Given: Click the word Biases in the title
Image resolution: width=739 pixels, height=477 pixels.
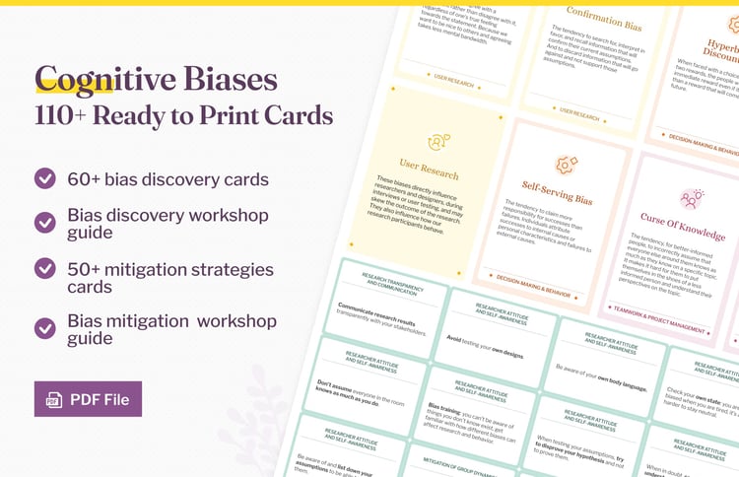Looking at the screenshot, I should (223, 79).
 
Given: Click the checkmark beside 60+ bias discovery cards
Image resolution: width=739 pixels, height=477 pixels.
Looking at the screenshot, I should (45, 178).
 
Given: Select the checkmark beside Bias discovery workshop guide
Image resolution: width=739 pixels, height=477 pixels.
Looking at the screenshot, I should (45, 223).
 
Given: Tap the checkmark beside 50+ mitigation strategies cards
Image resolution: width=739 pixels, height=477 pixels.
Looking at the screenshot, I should (45, 268).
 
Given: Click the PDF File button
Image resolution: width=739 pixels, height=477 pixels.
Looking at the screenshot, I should (88, 399).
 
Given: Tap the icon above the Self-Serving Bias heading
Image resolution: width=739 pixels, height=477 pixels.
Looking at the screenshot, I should (567, 165).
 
